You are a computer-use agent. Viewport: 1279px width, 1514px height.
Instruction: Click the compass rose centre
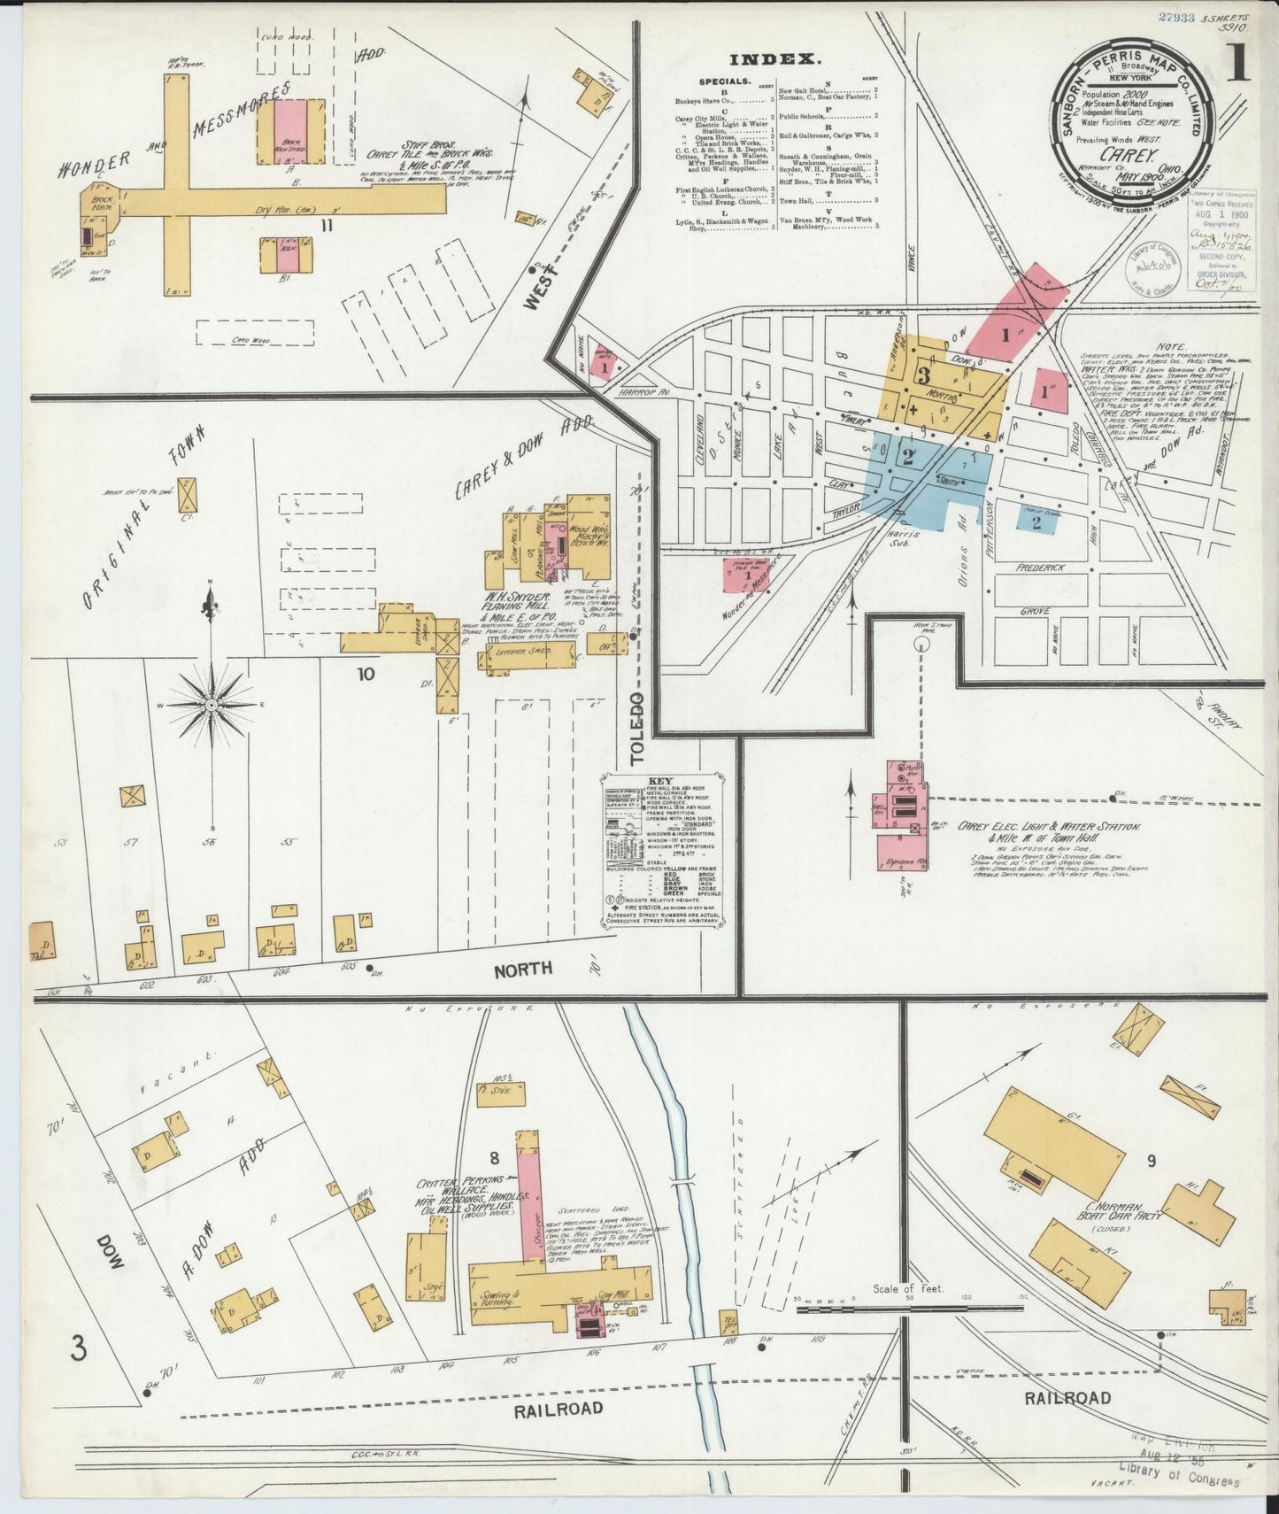(211, 704)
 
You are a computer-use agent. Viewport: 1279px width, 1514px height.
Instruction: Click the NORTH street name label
(523, 969)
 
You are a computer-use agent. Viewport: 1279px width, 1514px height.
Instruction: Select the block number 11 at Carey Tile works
(327, 225)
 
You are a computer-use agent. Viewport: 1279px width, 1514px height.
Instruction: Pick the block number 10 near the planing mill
(366, 674)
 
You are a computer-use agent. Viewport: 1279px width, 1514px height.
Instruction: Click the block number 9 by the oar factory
(1151, 1161)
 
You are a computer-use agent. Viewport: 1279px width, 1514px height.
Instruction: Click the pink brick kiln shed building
(289, 130)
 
